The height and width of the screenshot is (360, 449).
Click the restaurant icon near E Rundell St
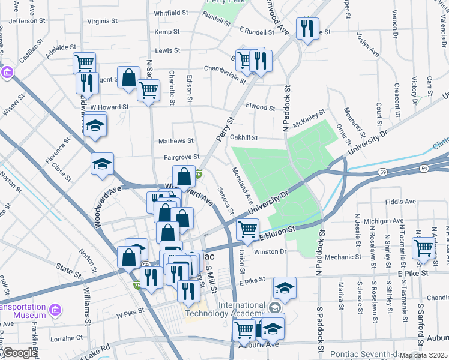point(308,29)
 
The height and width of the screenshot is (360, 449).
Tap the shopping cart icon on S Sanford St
point(423,248)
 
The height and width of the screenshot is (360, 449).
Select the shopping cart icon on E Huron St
point(247,229)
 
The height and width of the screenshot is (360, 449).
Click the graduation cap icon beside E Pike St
point(285,287)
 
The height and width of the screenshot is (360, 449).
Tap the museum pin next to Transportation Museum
point(55,310)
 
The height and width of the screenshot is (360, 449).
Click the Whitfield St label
point(172,13)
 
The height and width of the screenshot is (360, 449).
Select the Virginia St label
point(103,21)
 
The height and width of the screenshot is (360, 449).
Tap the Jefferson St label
point(23,21)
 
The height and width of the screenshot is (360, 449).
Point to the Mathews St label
point(176,142)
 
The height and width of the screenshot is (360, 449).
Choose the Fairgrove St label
point(181,157)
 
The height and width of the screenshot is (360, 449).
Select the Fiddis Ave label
point(401,202)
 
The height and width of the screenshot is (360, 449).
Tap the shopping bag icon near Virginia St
point(128,78)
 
